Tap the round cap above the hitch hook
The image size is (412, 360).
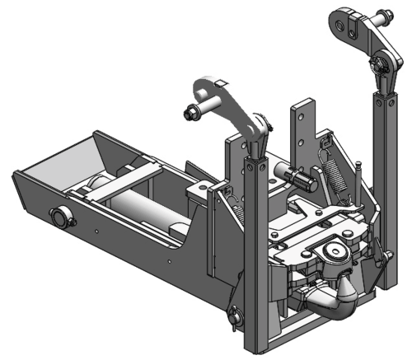[333, 250]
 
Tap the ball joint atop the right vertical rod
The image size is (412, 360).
[380, 64]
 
